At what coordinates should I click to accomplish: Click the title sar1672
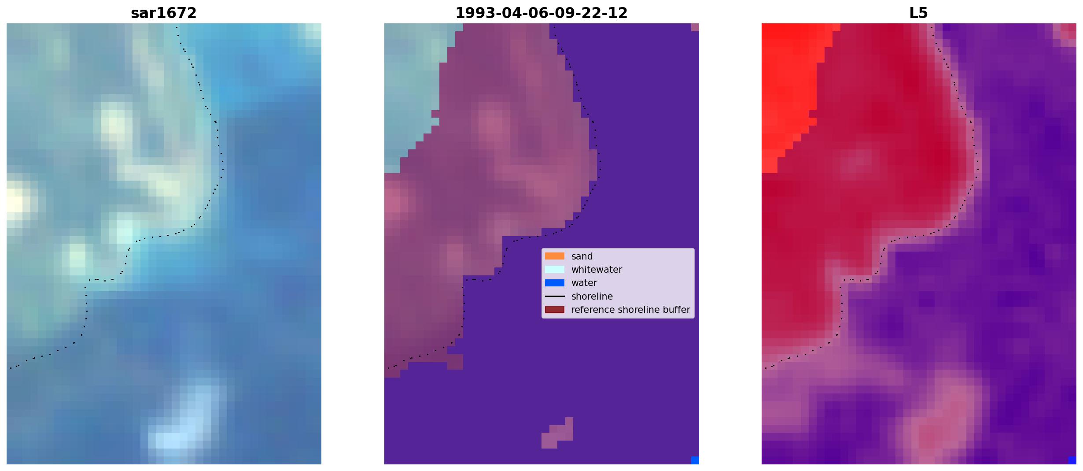point(163,13)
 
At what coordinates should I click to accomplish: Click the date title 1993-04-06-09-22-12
point(541,13)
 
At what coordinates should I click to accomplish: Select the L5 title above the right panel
point(918,13)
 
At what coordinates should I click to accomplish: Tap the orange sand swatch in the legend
point(555,256)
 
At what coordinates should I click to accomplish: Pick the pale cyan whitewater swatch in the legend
point(555,269)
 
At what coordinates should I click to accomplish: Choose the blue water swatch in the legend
point(555,283)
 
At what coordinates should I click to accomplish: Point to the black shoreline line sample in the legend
point(555,297)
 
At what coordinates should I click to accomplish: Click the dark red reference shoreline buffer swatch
point(555,310)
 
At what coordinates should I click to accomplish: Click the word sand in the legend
point(582,256)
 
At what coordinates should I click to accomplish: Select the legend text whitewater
point(597,270)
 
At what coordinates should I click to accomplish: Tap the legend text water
point(584,283)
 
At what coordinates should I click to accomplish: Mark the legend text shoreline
point(592,297)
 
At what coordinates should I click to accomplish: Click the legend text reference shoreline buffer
point(630,310)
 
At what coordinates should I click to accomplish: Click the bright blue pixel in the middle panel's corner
point(695,460)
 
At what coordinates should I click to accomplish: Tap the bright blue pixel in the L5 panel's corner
point(1072,460)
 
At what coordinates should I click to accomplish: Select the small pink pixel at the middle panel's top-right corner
point(695,27)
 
